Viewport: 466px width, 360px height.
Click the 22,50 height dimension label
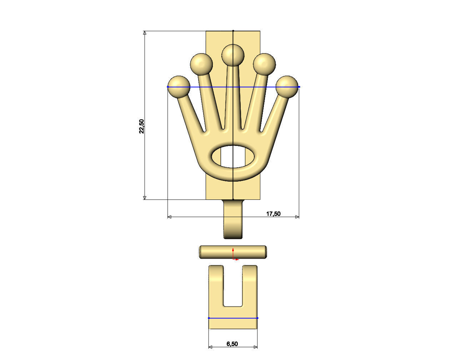(x=142, y=126)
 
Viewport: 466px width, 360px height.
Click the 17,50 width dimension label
(x=273, y=214)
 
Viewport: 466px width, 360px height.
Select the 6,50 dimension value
(x=232, y=344)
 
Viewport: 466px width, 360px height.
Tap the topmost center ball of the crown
(x=233, y=55)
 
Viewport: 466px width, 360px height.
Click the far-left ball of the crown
(x=179, y=86)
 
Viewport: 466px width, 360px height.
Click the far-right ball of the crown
(x=287, y=86)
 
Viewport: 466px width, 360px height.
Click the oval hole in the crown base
(x=233, y=157)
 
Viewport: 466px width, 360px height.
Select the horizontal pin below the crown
(x=233, y=252)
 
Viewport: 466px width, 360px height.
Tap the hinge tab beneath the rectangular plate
(x=233, y=219)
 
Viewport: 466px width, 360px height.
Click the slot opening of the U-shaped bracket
(x=233, y=285)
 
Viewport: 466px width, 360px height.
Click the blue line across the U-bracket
(x=233, y=318)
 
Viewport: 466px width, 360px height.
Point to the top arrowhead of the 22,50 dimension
(x=145, y=33)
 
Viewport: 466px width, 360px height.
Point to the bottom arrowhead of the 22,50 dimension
(x=145, y=197)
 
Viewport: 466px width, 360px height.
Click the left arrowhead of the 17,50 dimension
(x=170, y=217)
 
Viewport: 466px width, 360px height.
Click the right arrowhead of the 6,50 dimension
(x=255, y=346)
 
